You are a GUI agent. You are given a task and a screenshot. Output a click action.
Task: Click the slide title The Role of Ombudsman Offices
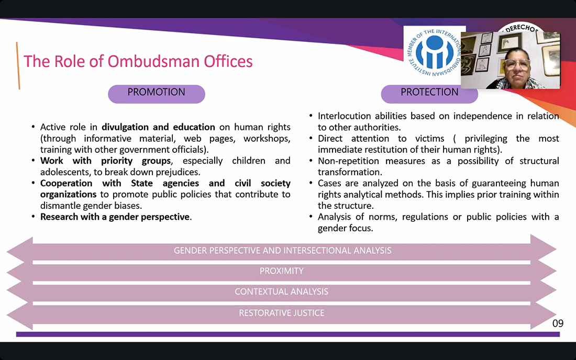(x=138, y=61)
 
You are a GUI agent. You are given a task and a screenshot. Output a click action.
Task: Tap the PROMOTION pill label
(x=157, y=92)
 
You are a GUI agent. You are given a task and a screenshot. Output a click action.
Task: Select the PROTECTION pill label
(x=429, y=92)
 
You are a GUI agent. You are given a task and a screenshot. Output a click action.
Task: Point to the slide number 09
(x=558, y=323)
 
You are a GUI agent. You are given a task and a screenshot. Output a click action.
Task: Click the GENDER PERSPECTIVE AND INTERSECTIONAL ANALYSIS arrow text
(x=282, y=251)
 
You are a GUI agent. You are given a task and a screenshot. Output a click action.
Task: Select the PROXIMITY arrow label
(x=282, y=271)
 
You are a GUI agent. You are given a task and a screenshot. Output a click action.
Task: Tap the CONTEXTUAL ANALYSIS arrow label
(x=282, y=292)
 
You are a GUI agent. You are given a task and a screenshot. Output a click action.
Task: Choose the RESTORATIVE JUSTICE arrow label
(x=282, y=313)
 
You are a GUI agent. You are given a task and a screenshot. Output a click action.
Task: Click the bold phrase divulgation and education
(x=158, y=127)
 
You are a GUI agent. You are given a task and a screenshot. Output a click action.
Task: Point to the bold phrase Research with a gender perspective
(x=115, y=217)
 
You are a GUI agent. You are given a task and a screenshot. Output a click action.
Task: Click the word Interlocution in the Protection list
(x=344, y=116)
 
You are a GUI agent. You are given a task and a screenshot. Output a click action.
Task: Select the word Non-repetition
(x=349, y=161)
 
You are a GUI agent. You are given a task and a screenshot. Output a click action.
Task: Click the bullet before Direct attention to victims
(x=311, y=139)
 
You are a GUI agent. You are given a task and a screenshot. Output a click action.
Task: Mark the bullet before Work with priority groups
(x=33, y=161)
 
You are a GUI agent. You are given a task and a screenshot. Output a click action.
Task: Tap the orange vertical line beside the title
(x=18, y=66)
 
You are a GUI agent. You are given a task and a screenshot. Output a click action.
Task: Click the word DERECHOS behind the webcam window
(x=522, y=28)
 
